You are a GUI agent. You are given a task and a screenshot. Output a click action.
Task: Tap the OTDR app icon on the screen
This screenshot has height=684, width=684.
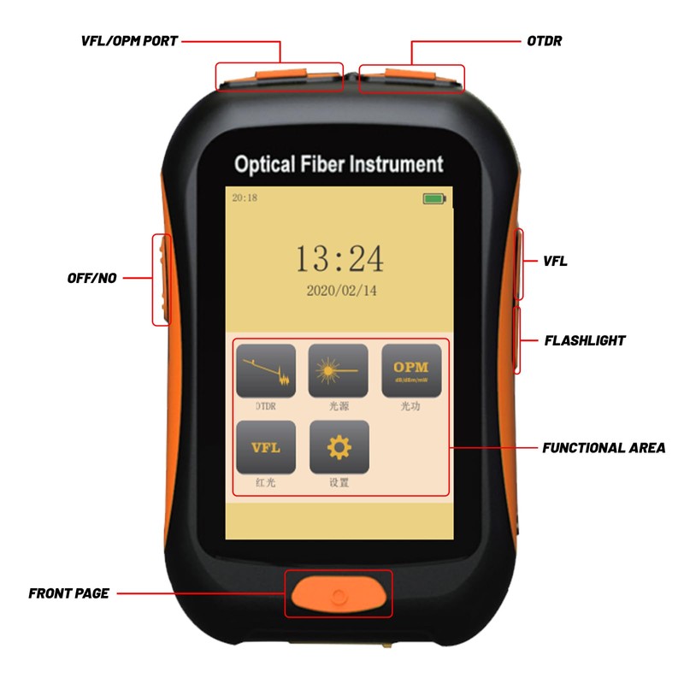coord(266,370)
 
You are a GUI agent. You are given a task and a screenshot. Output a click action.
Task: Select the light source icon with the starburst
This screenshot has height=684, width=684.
coord(339,370)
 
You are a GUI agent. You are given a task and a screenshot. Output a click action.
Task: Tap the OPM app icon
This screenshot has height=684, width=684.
coord(411,370)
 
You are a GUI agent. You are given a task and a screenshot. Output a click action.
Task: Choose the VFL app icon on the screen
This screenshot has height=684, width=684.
coord(266,446)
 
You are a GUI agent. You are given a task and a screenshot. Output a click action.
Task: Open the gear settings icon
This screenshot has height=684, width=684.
coord(339,446)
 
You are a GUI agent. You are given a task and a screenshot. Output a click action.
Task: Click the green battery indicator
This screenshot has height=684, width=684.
coord(434,198)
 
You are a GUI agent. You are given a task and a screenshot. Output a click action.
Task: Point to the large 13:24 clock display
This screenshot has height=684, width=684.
coord(339,257)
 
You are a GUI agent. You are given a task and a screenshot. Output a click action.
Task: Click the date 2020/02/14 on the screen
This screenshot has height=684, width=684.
coord(341,291)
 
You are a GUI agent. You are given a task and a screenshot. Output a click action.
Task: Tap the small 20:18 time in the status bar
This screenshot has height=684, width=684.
coord(245,198)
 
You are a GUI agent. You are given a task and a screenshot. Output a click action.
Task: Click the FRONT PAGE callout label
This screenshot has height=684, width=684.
coord(68,593)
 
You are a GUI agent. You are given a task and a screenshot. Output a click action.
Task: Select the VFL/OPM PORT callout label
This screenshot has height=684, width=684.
coord(129,40)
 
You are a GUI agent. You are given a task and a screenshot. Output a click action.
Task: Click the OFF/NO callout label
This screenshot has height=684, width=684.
coord(91,278)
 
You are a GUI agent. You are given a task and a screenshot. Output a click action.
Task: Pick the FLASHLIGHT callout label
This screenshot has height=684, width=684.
coord(585,340)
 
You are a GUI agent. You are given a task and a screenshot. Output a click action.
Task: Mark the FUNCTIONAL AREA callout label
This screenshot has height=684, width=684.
coord(604,447)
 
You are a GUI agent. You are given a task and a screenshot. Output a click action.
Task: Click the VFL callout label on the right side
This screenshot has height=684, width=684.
coord(556,261)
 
